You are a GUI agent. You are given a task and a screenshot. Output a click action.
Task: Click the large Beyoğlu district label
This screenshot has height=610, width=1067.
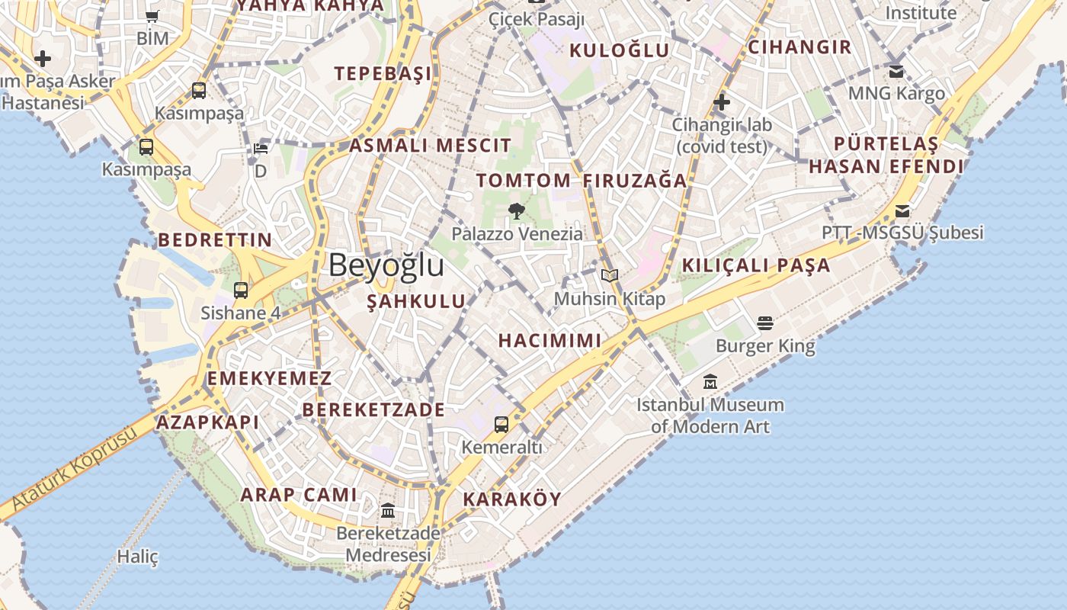click(386, 265)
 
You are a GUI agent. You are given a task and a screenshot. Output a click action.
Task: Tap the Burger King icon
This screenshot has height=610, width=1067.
click(765, 323)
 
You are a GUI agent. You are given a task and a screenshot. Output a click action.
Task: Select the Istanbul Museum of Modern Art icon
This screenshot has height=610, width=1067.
click(710, 381)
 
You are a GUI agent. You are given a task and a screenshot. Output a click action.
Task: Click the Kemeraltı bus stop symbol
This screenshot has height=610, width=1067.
click(501, 425)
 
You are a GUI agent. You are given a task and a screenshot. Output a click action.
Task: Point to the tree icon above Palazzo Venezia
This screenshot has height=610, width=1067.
click(516, 211)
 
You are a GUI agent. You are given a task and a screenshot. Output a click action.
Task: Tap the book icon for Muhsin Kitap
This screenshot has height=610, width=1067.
click(609, 275)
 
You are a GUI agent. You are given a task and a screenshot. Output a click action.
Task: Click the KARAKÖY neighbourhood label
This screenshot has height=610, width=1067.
click(512, 499)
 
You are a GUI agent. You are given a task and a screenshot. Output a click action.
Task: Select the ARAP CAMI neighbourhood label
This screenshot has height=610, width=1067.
click(299, 494)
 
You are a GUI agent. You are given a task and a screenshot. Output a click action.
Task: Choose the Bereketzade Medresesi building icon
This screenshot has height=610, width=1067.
click(388, 510)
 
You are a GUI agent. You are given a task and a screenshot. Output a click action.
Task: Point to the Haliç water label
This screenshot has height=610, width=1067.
click(137, 557)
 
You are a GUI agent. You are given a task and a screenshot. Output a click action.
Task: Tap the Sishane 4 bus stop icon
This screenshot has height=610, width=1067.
click(241, 290)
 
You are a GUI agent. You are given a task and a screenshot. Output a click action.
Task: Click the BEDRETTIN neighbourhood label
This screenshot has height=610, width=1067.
click(215, 239)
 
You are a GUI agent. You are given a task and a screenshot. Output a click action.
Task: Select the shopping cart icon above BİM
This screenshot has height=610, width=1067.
click(152, 16)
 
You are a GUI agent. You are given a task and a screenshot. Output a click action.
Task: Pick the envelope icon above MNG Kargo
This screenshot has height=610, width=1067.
click(896, 72)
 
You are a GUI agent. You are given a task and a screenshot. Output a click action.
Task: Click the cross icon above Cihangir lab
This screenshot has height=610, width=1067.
click(721, 101)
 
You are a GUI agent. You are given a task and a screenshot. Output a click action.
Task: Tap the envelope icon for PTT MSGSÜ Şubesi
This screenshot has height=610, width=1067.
click(902, 211)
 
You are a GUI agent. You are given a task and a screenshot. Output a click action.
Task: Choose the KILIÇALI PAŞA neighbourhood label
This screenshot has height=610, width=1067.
click(755, 265)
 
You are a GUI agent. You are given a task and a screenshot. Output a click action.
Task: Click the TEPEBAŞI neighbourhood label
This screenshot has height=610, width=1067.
click(383, 73)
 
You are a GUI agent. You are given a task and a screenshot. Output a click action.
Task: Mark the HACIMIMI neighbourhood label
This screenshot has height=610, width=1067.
click(550, 340)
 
